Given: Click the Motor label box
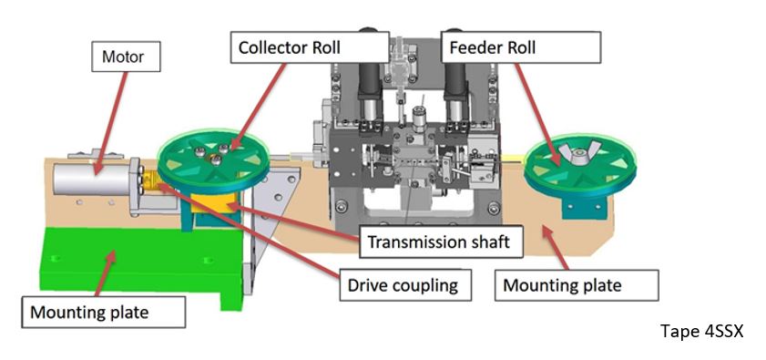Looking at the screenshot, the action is (126, 57).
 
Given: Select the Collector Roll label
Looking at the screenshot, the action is (290, 47).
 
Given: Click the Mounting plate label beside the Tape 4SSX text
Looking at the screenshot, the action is (577, 284).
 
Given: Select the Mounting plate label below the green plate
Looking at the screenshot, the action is (103, 312).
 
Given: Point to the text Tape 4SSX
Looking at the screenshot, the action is (702, 332).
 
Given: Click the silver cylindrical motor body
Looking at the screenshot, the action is (92, 179).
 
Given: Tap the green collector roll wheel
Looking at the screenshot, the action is (213, 161).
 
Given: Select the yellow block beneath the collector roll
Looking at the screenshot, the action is (211, 202).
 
